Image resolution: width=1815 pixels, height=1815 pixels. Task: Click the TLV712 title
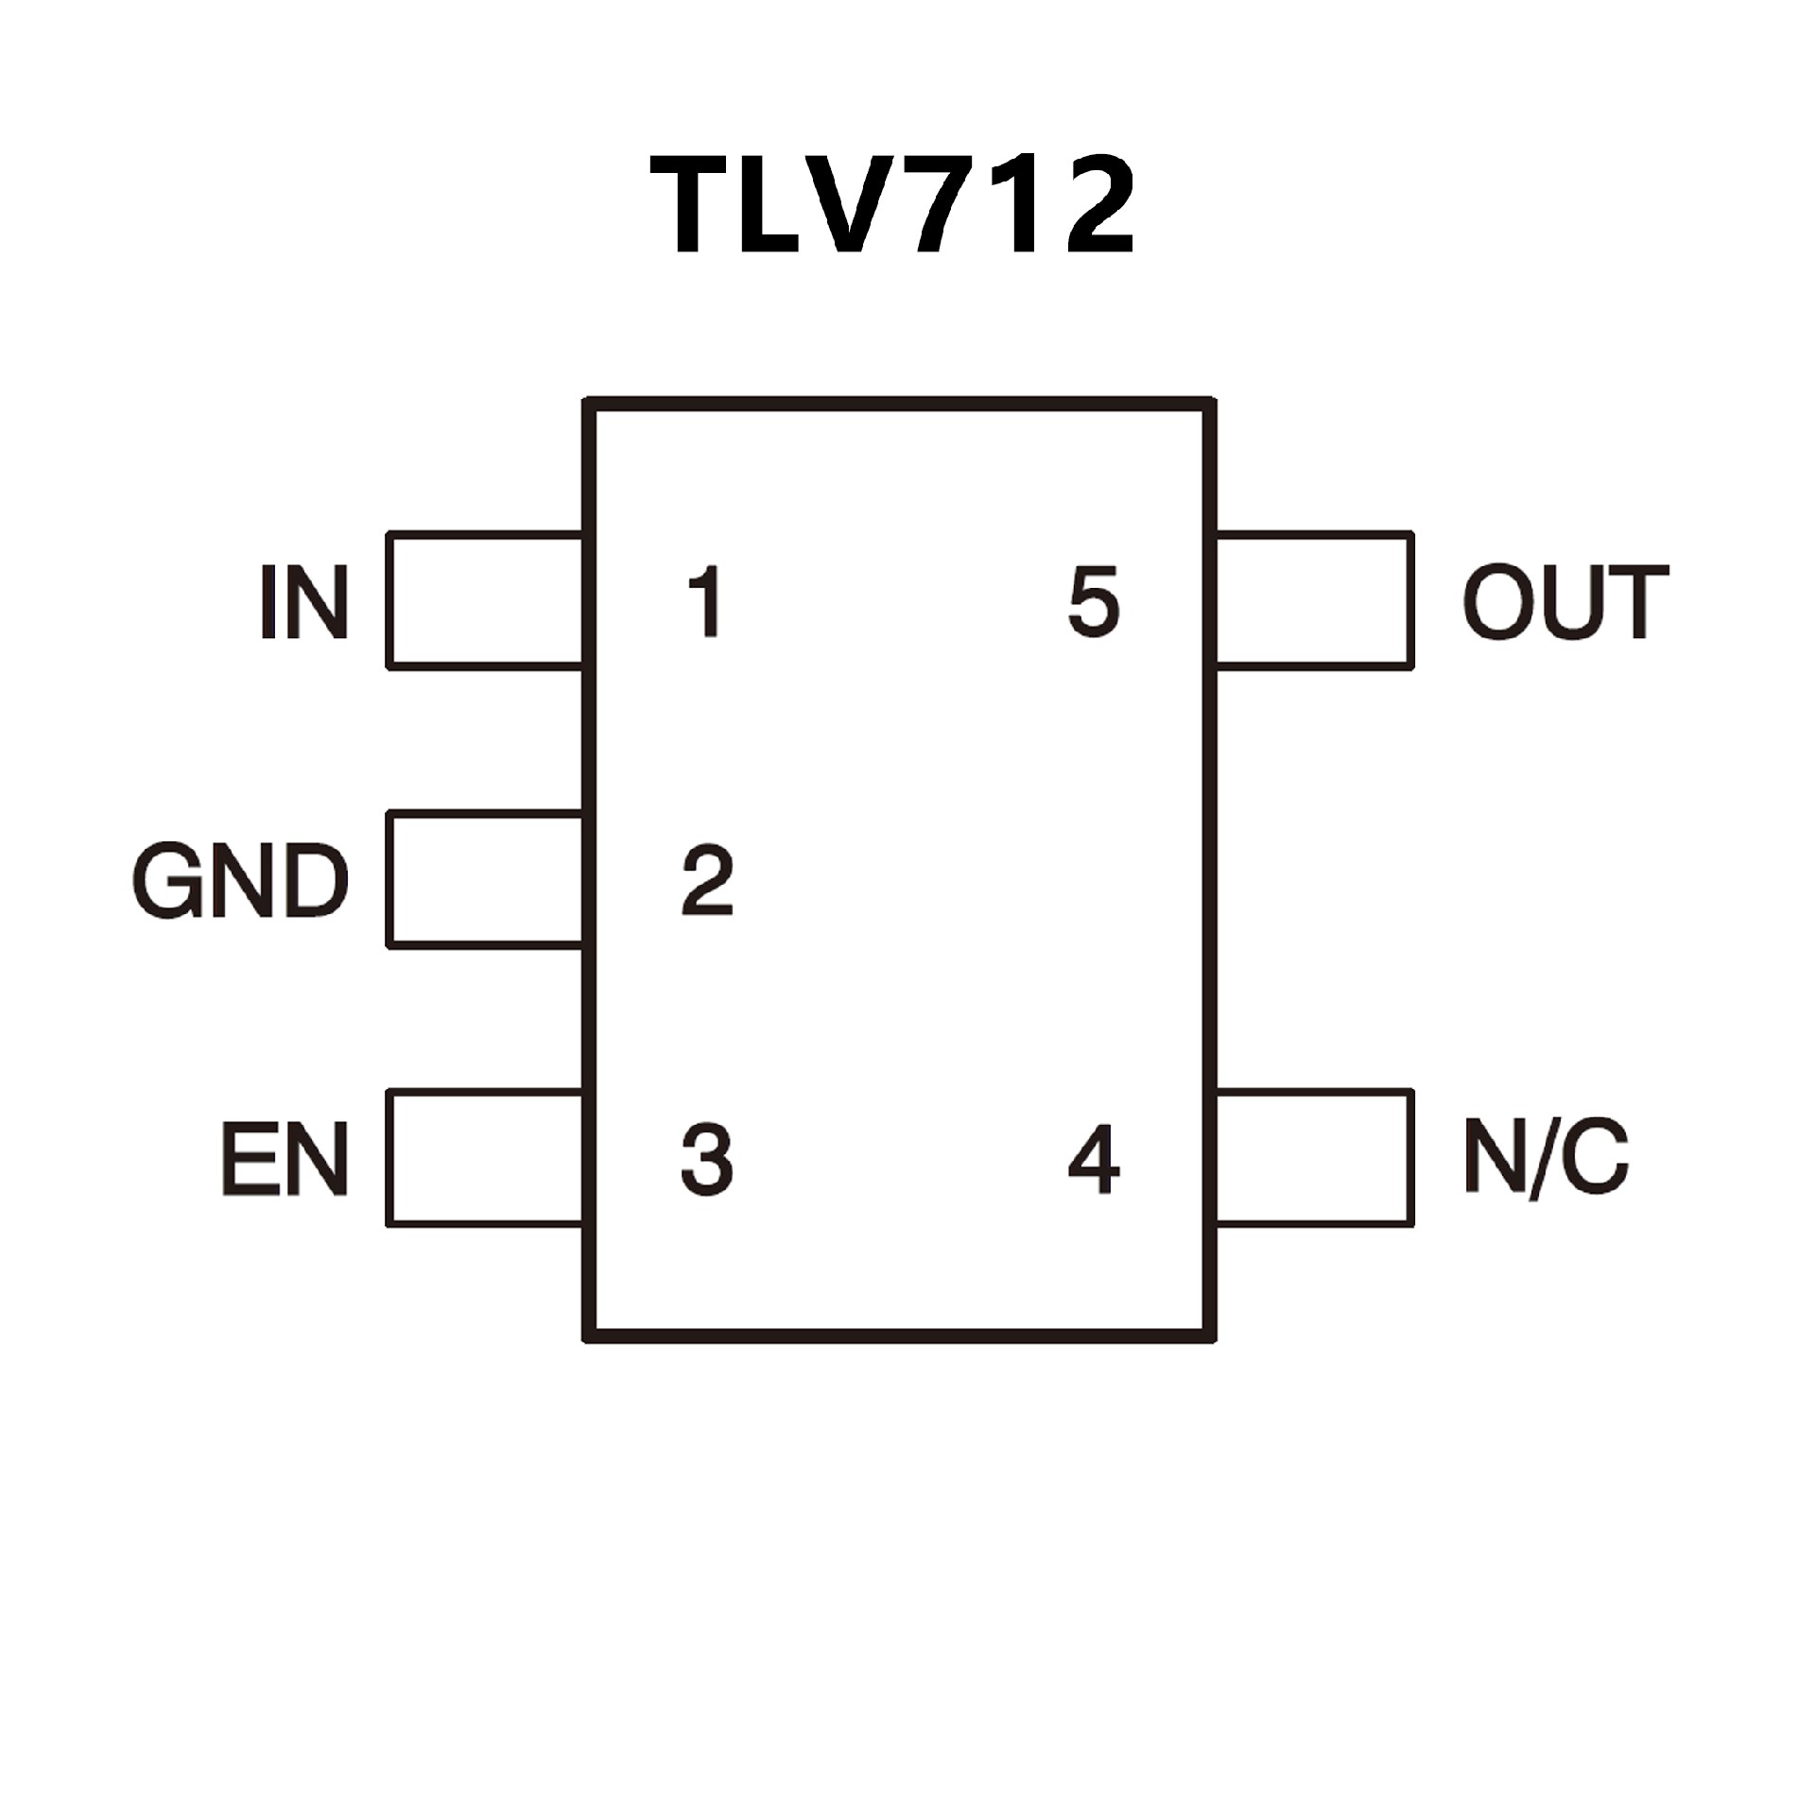click(x=892, y=206)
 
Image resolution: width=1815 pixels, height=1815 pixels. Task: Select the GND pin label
click(x=240, y=881)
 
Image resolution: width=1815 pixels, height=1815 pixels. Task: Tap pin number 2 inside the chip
click(x=707, y=881)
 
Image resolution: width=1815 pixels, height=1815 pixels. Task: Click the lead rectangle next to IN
click(x=485, y=601)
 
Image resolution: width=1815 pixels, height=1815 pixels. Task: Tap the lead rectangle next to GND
click(x=485, y=879)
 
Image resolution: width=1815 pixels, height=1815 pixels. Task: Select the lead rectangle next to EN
click(x=485, y=1158)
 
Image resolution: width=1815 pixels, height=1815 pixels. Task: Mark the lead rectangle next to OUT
click(x=1314, y=601)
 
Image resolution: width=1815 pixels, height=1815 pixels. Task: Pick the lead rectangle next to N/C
click(x=1314, y=1158)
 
